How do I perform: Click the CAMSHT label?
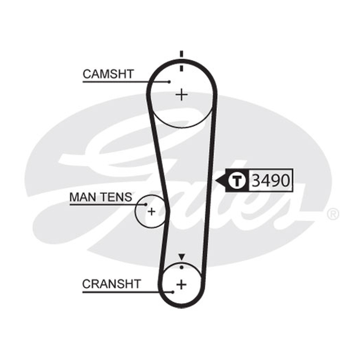tap(108, 74)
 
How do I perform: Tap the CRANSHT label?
tap(111, 284)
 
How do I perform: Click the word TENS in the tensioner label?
tap(117, 197)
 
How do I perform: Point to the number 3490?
tap(271, 180)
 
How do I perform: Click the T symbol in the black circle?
tap(238, 180)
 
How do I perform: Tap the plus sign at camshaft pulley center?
tap(182, 94)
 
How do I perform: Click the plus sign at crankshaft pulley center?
tap(182, 285)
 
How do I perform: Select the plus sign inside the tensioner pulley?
tap(151, 211)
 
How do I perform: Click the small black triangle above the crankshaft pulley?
tap(182, 257)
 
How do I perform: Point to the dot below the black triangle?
tap(182, 267)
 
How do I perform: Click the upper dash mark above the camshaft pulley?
tap(182, 54)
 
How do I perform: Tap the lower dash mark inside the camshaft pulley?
tap(182, 68)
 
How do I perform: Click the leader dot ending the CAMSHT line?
tap(169, 82)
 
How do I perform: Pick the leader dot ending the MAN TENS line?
tap(146, 204)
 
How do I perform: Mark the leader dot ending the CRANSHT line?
tap(173, 292)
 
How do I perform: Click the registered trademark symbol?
tap(333, 214)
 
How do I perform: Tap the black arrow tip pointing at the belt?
tap(216, 180)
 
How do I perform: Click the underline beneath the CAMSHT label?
tap(126, 82)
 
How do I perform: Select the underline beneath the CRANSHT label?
tap(127, 292)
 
